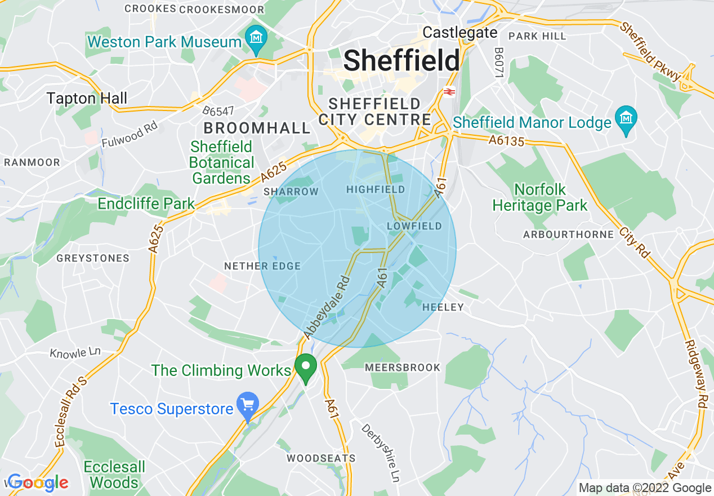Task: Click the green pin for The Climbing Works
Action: [306, 367]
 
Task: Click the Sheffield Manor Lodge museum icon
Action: [626, 119]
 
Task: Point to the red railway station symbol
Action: [449, 92]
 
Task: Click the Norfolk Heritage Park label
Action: [539, 197]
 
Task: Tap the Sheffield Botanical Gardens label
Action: [222, 163]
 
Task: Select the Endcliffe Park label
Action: [146, 203]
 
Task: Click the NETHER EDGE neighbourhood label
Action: [262, 266]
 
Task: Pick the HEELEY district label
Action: [443, 307]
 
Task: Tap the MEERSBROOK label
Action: [402, 367]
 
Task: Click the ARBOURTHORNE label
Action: [568, 234]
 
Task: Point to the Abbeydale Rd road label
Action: [327, 307]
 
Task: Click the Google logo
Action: [38, 482]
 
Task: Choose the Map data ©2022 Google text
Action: [645, 488]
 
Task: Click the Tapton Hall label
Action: [87, 99]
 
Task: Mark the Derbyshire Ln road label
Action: [380, 452]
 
